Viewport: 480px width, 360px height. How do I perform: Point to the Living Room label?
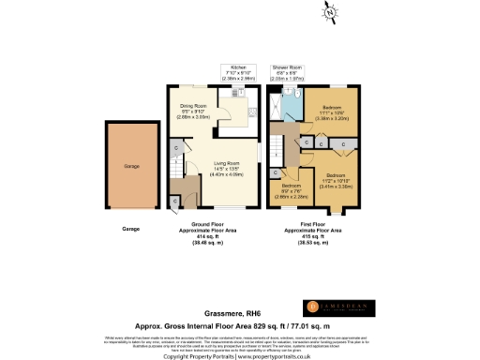(226, 166)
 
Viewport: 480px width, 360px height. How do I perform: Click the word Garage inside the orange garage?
(132, 166)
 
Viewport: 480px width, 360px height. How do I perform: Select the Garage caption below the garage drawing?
(132, 228)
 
